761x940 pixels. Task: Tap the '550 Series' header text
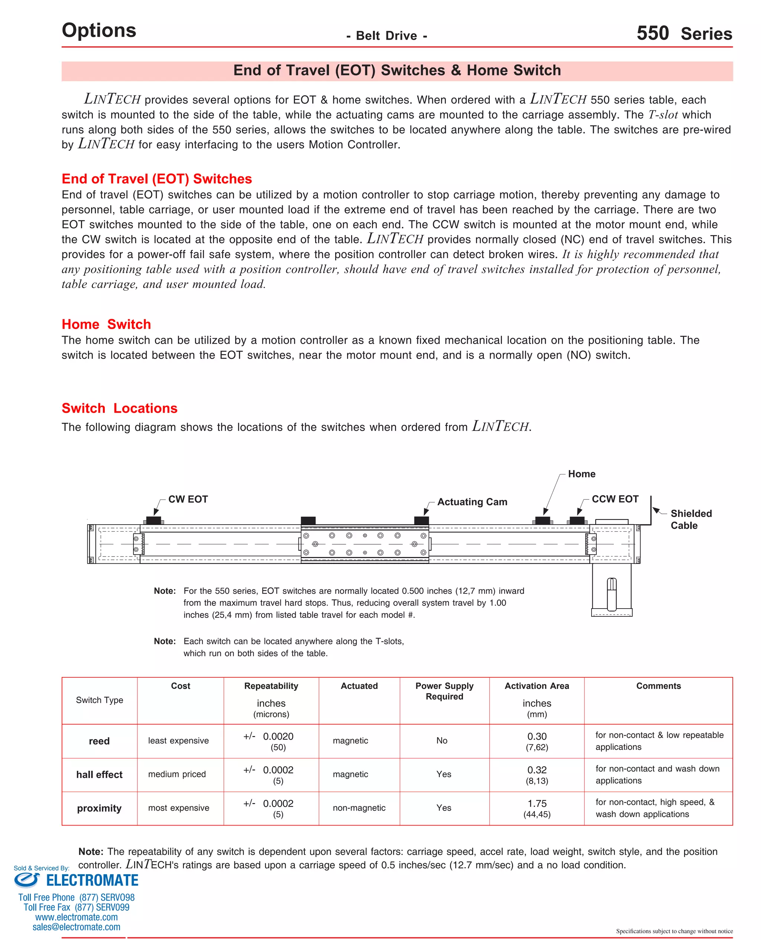(684, 34)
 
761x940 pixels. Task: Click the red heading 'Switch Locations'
(119, 408)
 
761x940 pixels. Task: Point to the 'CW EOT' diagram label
(188, 499)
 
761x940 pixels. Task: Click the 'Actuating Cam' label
(472, 502)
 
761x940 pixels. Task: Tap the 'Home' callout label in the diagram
(581, 474)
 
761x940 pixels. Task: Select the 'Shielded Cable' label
(691, 519)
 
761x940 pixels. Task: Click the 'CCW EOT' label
(615, 499)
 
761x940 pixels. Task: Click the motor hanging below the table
(612, 589)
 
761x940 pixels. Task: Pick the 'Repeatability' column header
(271, 686)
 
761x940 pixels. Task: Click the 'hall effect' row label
(99, 774)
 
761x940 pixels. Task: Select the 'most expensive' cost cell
(178, 808)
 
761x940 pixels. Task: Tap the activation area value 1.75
(537, 803)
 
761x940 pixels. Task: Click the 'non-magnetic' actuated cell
(359, 808)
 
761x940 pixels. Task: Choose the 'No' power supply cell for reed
(441, 740)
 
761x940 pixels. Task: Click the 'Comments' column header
(658, 686)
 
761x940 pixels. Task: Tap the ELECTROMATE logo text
(92, 881)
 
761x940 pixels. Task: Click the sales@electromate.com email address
(76, 927)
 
